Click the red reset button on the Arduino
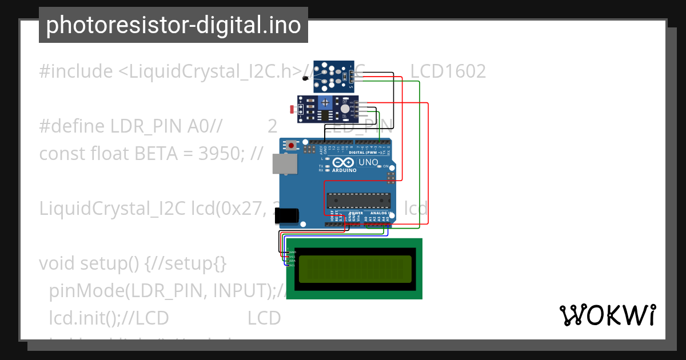pyautogui.click(x=292, y=146)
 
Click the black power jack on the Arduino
pyautogui.click(x=286, y=215)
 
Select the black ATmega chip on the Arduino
pyautogui.click(x=358, y=201)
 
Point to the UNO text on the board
pyautogui.click(x=368, y=162)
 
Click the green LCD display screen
pyautogui.click(x=354, y=269)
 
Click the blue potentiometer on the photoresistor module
pyautogui.click(x=325, y=102)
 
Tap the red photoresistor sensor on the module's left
pyautogui.click(x=293, y=109)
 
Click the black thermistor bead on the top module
pyautogui.click(x=305, y=79)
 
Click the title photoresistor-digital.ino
pyautogui.click(x=173, y=25)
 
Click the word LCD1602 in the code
pyautogui.click(x=448, y=71)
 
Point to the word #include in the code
pyautogui.click(x=76, y=71)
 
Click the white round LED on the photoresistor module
pyautogui.click(x=344, y=109)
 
